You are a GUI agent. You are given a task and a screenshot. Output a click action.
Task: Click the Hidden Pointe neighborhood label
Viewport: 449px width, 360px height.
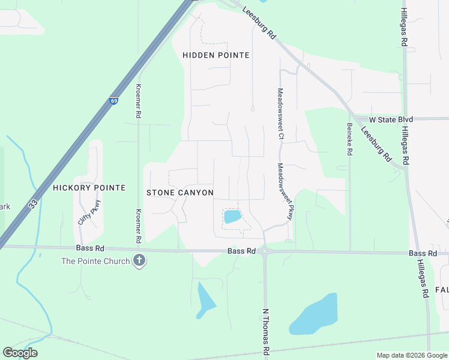(x=215, y=55)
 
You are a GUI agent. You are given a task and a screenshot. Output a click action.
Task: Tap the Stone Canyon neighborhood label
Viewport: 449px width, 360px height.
(x=180, y=193)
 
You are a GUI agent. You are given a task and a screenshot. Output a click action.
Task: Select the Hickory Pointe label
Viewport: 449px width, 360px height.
(x=89, y=188)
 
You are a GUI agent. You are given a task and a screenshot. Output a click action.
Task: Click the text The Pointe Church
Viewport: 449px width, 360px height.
(x=95, y=261)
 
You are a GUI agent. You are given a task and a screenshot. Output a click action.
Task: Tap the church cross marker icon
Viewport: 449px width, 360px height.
(x=139, y=261)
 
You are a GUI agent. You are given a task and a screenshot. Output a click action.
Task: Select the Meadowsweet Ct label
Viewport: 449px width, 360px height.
(x=280, y=114)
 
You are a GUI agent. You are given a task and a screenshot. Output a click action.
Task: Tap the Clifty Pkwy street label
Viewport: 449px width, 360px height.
(x=89, y=212)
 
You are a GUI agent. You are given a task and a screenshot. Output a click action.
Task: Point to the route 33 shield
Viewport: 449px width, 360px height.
(x=33, y=204)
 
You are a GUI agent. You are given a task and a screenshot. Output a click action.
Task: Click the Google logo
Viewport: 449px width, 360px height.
(x=20, y=353)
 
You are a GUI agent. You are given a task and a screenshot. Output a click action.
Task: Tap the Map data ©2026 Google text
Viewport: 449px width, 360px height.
(x=411, y=355)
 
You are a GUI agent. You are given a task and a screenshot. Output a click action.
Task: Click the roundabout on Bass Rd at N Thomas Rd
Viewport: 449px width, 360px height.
(x=264, y=253)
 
